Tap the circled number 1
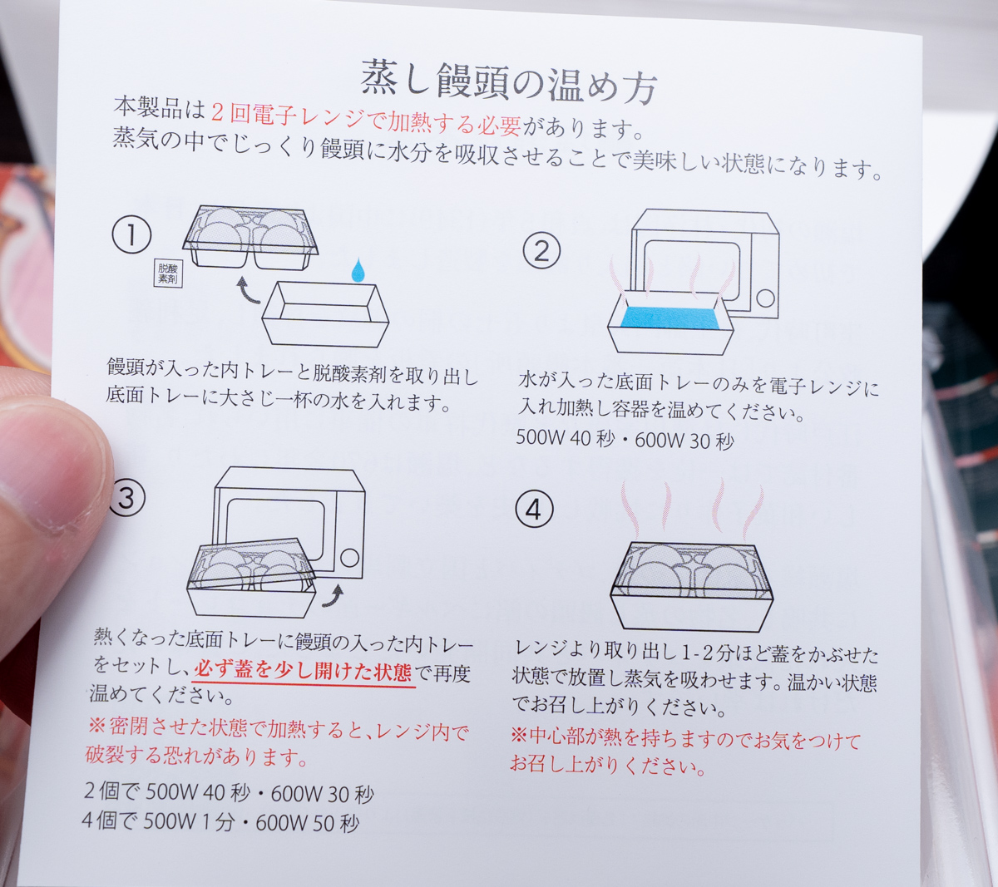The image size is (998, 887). (131, 234)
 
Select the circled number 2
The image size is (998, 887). (541, 251)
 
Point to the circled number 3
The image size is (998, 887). (126, 498)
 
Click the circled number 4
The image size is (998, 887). (534, 510)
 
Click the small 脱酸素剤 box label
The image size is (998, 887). (168, 273)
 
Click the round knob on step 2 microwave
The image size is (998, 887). (765, 299)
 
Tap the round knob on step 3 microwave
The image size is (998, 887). (350, 558)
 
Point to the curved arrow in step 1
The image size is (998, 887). (247, 291)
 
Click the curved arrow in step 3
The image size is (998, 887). (333, 596)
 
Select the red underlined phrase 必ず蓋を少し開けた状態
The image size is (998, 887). (303, 672)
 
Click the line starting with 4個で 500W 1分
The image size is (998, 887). (220, 821)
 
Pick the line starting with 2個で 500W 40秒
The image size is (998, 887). (229, 793)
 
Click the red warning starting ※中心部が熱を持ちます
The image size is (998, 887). (685, 752)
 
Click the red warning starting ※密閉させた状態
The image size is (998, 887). (276, 743)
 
